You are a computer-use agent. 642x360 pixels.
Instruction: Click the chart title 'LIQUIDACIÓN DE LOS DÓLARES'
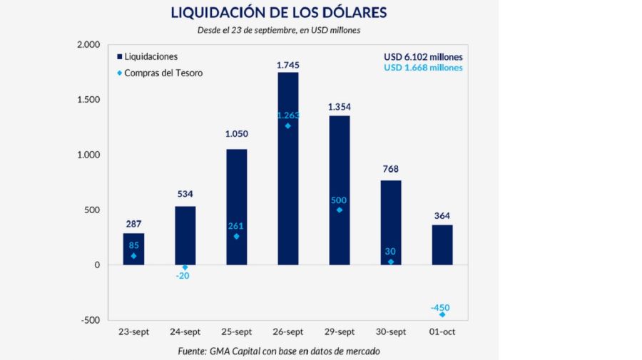(x=278, y=12)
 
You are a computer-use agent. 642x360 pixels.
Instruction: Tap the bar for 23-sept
(x=133, y=249)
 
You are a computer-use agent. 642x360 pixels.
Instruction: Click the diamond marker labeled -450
(x=442, y=314)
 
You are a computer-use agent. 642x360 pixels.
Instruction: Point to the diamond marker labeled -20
(x=185, y=267)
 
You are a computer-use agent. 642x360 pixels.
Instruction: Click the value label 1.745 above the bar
(x=287, y=65)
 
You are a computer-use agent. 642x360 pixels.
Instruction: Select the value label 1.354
(x=339, y=107)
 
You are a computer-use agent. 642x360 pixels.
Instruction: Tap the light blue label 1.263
(x=287, y=115)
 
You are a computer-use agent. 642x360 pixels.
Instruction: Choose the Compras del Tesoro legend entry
(x=158, y=73)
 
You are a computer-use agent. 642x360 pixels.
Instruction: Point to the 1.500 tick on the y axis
(x=91, y=100)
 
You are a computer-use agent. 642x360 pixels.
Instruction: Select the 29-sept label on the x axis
(x=339, y=331)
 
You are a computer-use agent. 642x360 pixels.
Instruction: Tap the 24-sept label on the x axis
(x=185, y=331)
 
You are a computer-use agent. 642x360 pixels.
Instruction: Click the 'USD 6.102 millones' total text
(x=423, y=56)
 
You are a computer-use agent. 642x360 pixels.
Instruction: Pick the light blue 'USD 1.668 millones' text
(x=423, y=68)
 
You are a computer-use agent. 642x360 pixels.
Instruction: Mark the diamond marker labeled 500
(x=339, y=210)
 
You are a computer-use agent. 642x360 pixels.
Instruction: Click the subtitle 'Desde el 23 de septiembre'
(x=278, y=30)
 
